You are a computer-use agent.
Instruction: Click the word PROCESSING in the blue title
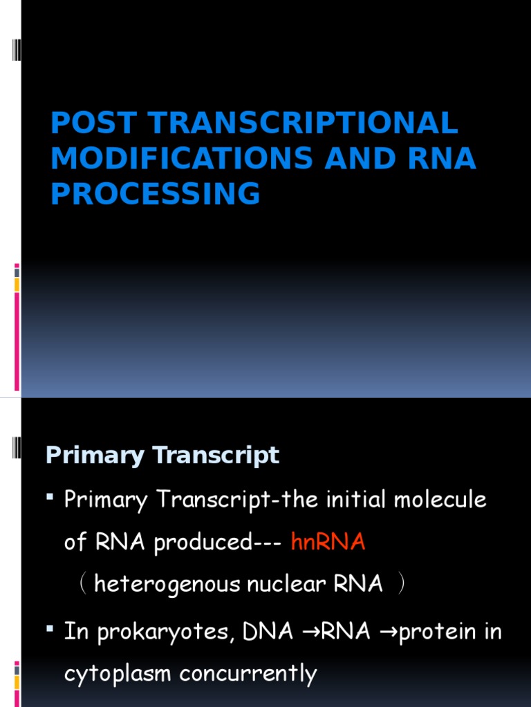pyautogui.click(x=156, y=194)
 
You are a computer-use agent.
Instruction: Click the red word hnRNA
pyautogui.click(x=328, y=542)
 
